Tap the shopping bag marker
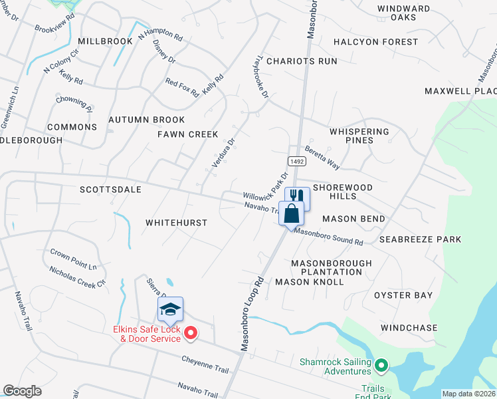click(x=291, y=214)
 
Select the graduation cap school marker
click(x=170, y=309)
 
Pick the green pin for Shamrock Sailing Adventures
click(x=381, y=365)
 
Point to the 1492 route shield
click(x=296, y=162)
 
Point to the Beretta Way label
click(x=322, y=158)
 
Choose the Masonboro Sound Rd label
click(x=328, y=237)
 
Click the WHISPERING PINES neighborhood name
click(x=359, y=136)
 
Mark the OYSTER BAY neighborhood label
click(x=403, y=295)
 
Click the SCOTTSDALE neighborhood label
click(x=110, y=190)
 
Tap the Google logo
click(x=22, y=391)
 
